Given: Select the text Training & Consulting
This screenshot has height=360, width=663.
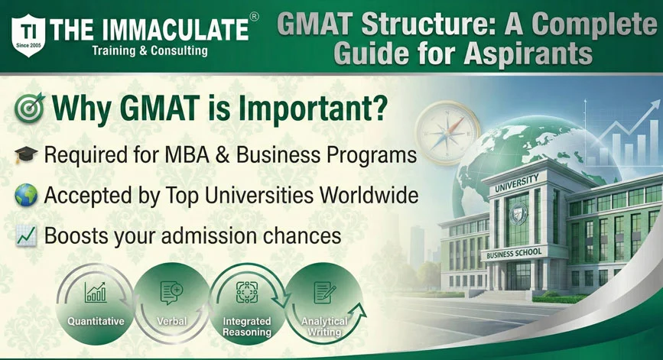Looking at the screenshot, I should click(149, 51).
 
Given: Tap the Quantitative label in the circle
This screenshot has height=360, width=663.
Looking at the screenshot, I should click(96, 322).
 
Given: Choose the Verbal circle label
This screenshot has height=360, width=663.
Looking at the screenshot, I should click(172, 322).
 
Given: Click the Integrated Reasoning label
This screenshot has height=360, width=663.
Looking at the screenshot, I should click(247, 327).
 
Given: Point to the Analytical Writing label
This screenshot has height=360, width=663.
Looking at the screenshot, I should click(322, 327).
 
